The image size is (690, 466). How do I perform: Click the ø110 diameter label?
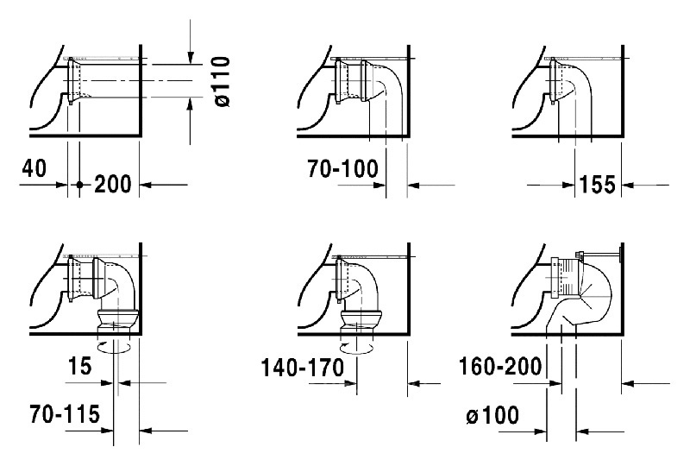click(x=223, y=81)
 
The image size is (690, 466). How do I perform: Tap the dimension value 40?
click(x=34, y=167)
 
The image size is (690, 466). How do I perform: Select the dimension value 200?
click(x=113, y=184)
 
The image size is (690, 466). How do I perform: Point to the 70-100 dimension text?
click(x=342, y=168)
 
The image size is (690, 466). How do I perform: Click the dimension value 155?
click(x=598, y=184)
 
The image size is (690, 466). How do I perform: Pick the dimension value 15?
click(x=79, y=366)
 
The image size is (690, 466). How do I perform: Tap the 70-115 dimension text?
click(x=65, y=414)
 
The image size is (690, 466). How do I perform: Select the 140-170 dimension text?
click(x=303, y=368)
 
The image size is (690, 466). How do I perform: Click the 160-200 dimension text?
click(x=500, y=366)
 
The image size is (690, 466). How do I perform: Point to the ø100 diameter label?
click(x=492, y=415)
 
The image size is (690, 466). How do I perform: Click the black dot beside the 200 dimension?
click(x=79, y=185)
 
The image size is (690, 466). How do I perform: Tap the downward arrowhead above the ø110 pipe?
click(x=190, y=57)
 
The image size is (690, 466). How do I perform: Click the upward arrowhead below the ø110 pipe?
click(x=190, y=104)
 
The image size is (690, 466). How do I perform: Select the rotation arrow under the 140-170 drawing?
click(x=356, y=348)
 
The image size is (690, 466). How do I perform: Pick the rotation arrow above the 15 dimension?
click(x=114, y=347)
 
